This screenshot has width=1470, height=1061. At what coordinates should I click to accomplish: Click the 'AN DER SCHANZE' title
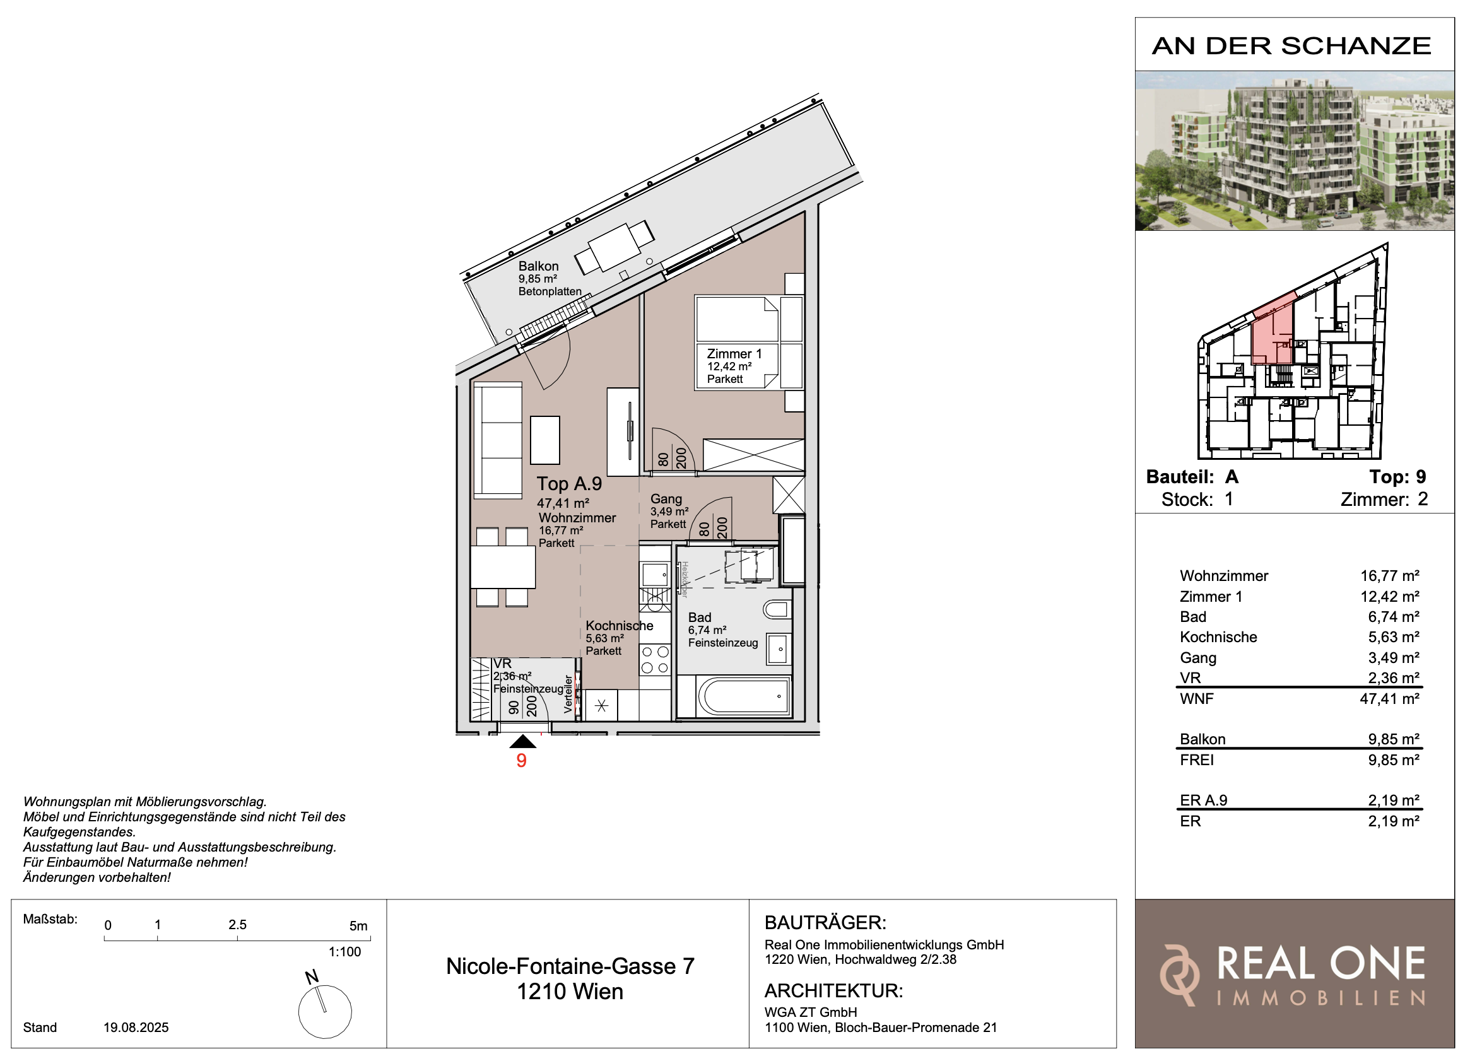1291,46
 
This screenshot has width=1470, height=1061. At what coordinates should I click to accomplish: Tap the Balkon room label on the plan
538,266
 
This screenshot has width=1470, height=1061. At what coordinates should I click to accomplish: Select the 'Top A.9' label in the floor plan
569,484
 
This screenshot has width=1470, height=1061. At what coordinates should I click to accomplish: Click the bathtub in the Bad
743,697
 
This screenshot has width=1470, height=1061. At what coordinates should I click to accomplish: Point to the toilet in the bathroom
777,609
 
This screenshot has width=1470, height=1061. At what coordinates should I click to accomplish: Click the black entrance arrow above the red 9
522,741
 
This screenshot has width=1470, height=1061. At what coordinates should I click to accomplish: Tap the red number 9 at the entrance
521,760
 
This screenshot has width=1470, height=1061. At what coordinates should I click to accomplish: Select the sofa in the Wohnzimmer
498,441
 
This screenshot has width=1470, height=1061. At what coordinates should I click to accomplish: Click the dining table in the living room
503,567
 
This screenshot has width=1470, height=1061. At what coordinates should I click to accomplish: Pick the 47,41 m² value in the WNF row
1390,699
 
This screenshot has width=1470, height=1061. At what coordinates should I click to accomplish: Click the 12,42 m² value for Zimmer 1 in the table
1390,596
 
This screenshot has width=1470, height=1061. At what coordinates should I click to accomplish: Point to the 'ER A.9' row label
1204,800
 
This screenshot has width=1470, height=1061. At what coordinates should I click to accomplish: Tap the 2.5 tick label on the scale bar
237,925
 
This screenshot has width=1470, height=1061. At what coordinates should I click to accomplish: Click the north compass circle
325,1012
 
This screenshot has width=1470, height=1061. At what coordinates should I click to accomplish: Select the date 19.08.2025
136,1028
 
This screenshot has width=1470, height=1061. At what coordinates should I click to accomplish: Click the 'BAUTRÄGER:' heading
826,922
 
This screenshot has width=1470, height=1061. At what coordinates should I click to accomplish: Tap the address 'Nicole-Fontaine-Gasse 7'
570,966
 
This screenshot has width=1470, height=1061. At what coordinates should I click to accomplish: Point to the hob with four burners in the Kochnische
655,660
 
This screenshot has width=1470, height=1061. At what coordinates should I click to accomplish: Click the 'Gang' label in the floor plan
666,499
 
